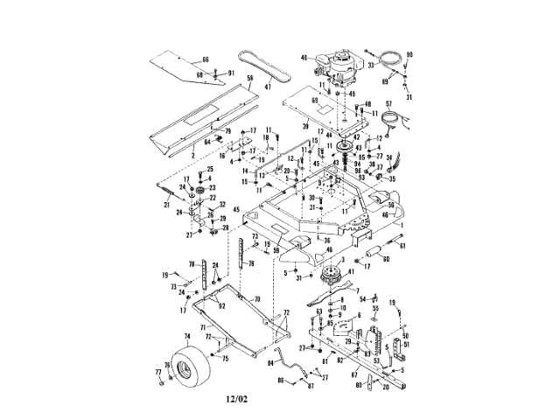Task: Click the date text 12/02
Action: click(x=236, y=400)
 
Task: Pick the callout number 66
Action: click(x=206, y=59)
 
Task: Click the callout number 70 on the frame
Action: click(x=257, y=299)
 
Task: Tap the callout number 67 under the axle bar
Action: click(x=355, y=374)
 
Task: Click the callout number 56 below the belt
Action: click(x=249, y=78)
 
